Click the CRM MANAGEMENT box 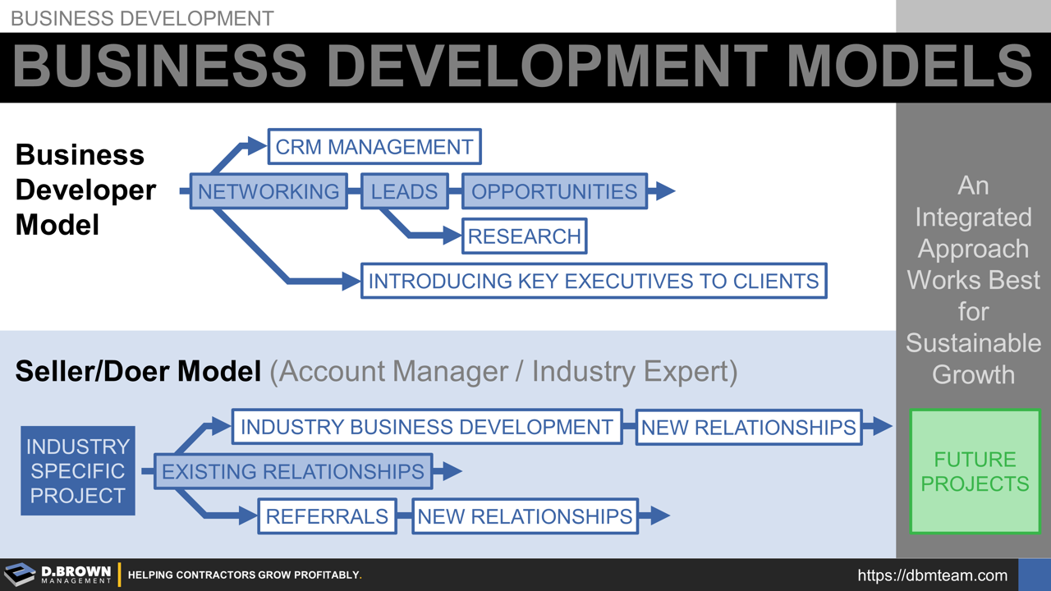tap(374, 147)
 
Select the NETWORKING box tap(268, 191)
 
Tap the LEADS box tap(404, 191)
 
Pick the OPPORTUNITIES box tap(554, 191)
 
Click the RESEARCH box tap(525, 236)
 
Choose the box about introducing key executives tap(594, 281)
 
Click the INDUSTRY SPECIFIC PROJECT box tap(78, 471)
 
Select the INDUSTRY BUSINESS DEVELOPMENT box tap(427, 427)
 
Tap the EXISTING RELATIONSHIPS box tap(293, 471)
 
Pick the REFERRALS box tap(327, 515)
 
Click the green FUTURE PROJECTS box tap(975, 471)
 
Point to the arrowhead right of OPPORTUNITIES tap(664, 191)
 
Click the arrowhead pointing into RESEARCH tap(452, 236)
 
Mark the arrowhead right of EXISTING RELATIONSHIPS tap(452, 471)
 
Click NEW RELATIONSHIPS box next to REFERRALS tap(525, 515)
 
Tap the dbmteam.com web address tap(932, 575)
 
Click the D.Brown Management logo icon tap(20, 575)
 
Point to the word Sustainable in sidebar tap(973, 343)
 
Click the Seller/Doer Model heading tap(138, 372)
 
